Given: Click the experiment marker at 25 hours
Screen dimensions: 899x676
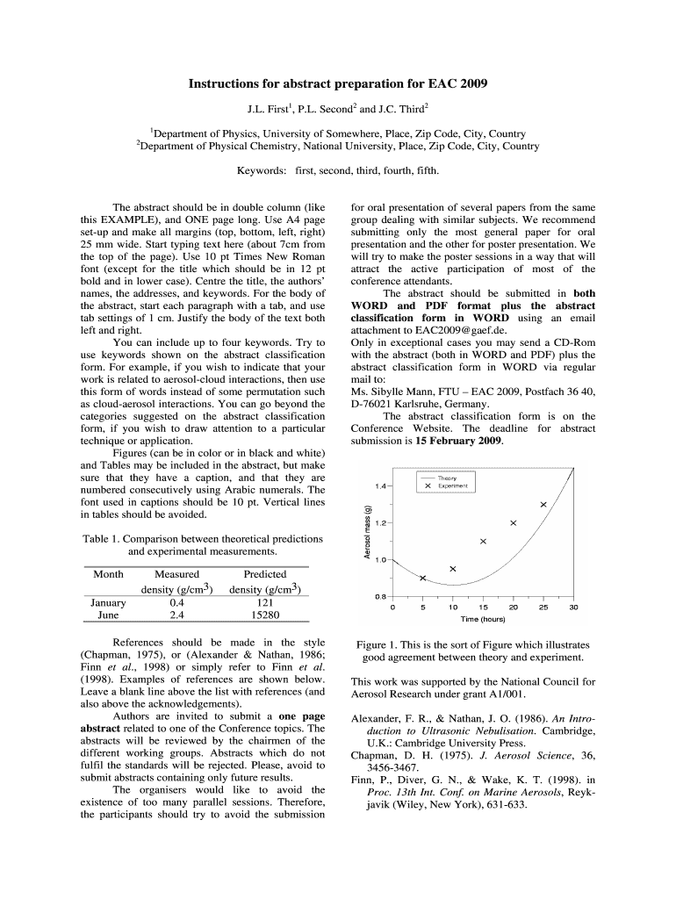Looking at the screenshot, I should [543, 504].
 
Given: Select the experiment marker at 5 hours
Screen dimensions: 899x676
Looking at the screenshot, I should [423, 578].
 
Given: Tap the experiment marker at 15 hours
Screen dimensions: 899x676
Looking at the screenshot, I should [484, 541].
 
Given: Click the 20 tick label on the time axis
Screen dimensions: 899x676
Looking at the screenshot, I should [514, 608].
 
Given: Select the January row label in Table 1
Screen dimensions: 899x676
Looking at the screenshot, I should [109, 602].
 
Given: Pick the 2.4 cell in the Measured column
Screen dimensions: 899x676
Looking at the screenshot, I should [176, 615].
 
